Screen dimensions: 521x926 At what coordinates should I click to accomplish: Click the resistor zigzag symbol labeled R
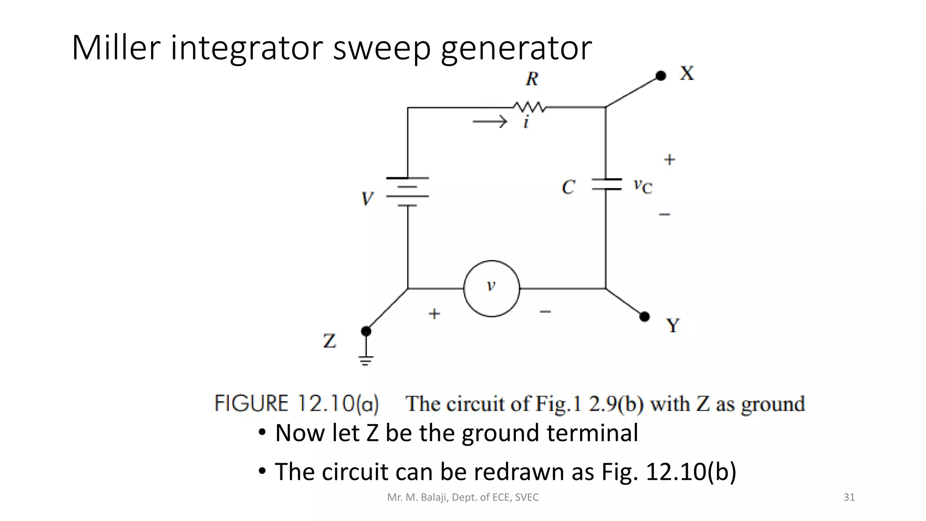529,108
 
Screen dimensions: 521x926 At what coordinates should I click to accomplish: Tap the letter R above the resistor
532,79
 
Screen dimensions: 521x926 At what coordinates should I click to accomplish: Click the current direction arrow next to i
490,122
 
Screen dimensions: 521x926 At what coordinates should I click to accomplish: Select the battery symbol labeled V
407,192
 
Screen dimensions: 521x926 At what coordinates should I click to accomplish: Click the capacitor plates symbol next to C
606,184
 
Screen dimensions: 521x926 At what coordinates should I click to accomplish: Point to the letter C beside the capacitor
568,187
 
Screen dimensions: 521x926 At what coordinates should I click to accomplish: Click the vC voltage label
643,185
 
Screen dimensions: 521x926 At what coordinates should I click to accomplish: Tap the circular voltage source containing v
491,288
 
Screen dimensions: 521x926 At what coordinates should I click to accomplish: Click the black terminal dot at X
661,76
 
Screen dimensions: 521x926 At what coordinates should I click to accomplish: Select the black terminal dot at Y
645,317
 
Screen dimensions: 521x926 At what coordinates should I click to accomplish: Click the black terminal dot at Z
366,331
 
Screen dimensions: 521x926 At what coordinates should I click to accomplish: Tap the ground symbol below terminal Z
366,360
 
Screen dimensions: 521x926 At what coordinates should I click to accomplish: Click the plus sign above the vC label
669,160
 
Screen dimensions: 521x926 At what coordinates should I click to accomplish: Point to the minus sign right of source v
545,312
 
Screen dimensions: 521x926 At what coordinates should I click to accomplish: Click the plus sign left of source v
434,313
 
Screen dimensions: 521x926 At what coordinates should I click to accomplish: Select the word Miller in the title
116,47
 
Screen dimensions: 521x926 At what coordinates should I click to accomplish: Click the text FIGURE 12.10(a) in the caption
297,403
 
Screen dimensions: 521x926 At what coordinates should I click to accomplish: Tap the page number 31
849,497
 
